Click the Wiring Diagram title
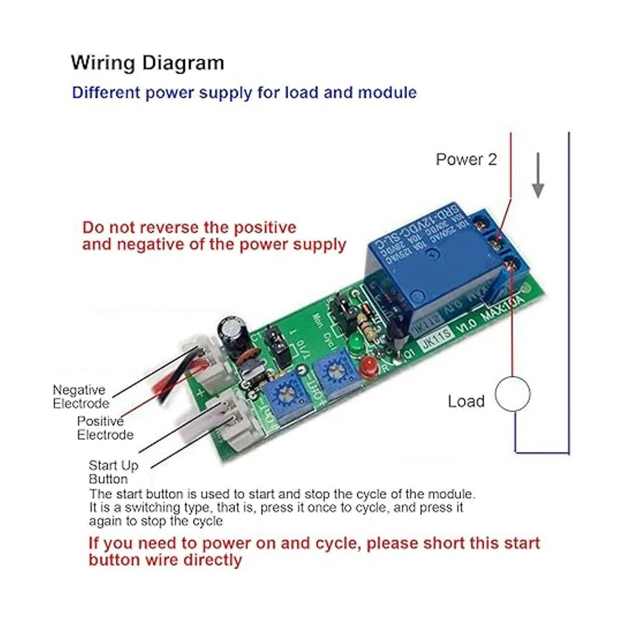pyautogui.click(x=147, y=63)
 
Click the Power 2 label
pyautogui.click(x=466, y=159)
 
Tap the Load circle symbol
pyautogui.click(x=513, y=394)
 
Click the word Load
pyautogui.click(x=466, y=401)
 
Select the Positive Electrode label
pyautogui.click(x=104, y=428)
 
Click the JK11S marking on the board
pyautogui.click(x=435, y=344)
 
